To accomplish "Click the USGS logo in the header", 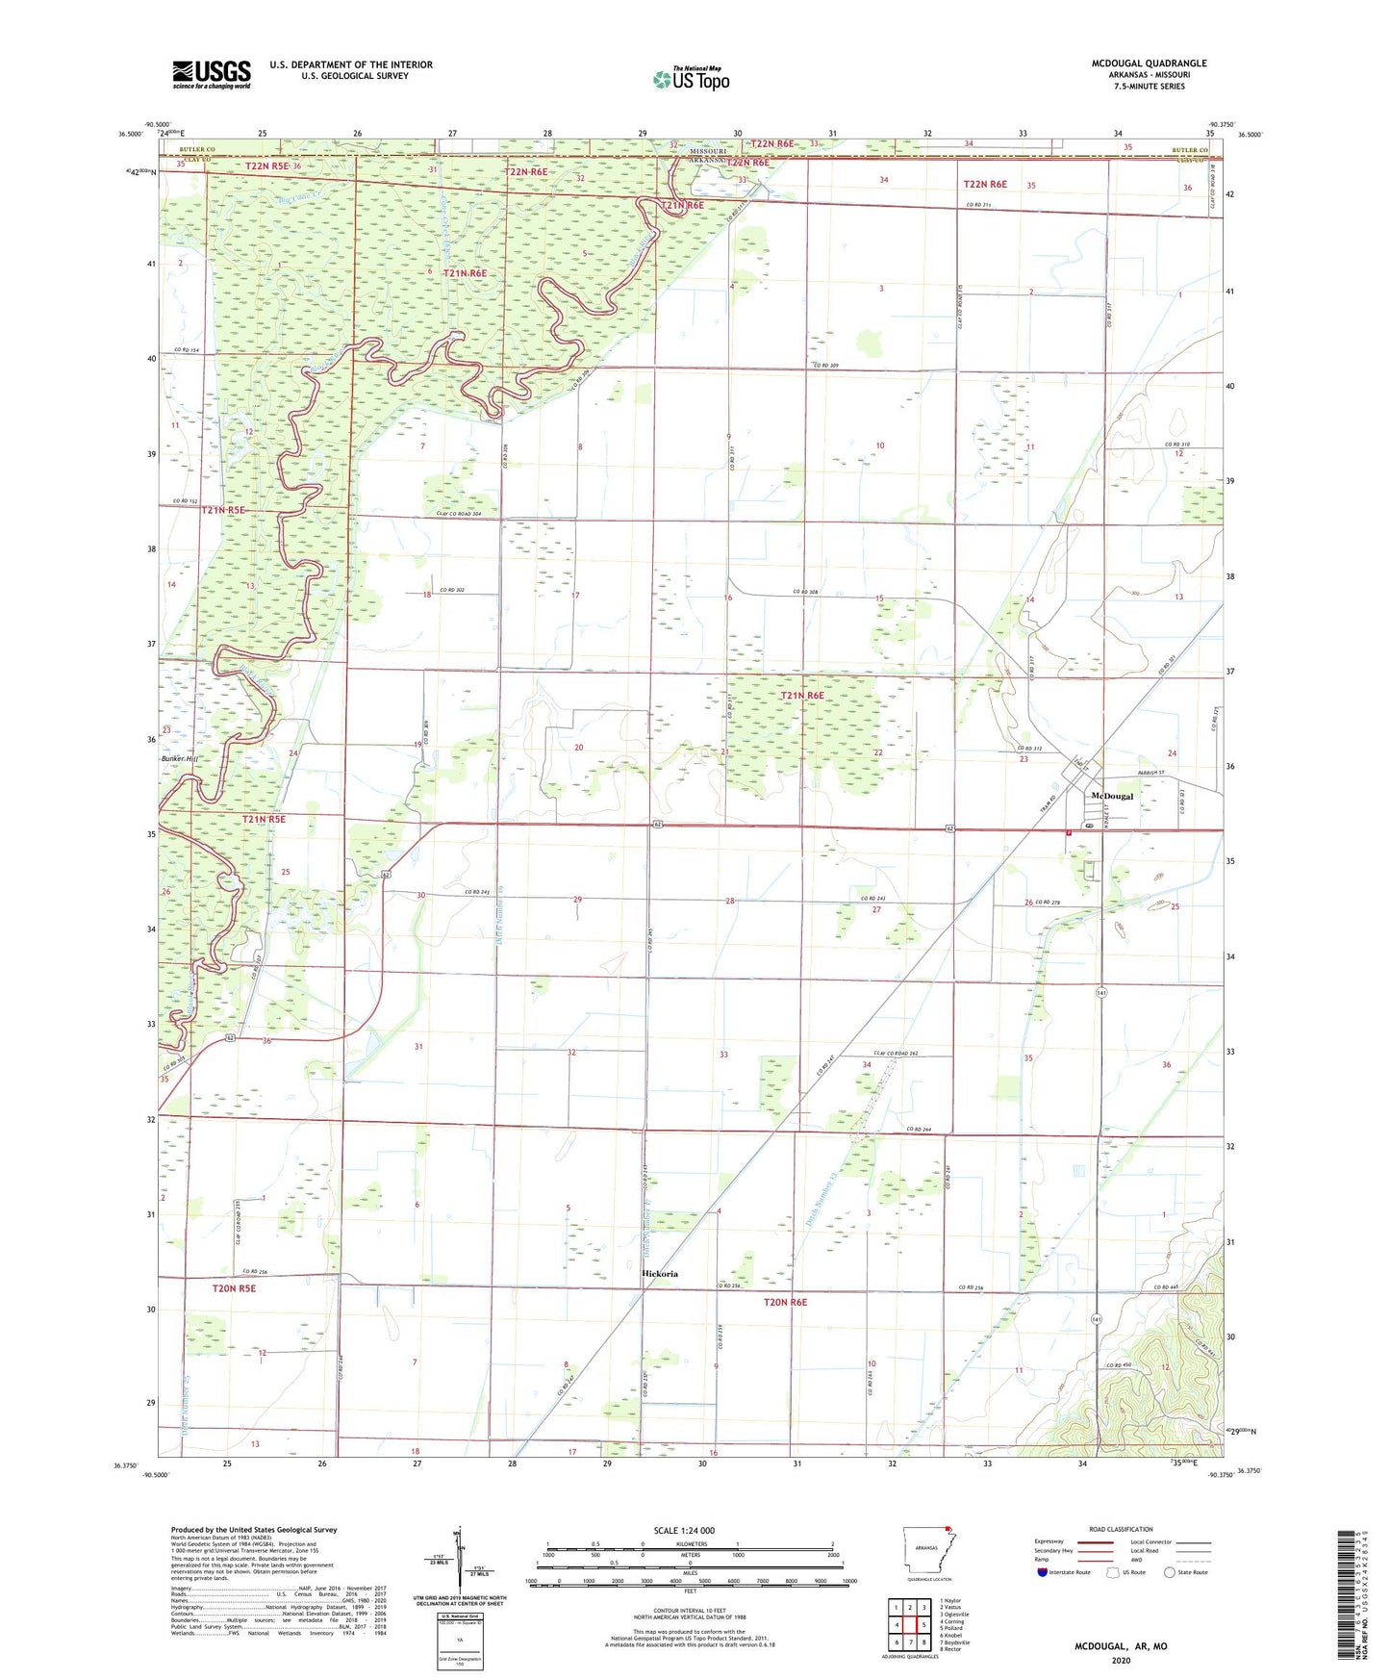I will coord(211,74).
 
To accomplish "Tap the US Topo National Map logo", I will coord(691,79).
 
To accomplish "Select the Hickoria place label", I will coord(660,1273).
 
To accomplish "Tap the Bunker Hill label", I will coord(183,759).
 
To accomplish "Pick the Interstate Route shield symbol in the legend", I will coord(1043,1572).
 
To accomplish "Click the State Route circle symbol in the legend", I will coord(1169,1572).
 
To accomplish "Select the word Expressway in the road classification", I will coord(1049,1541).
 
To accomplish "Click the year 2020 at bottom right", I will coord(1120,1660).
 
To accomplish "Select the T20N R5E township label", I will coord(234,1287).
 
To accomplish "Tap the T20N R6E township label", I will coord(785,1302).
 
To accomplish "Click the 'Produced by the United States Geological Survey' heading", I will coord(254,1529).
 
